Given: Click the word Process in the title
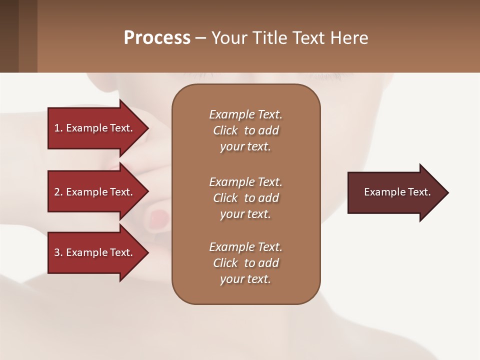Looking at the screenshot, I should pos(157,38).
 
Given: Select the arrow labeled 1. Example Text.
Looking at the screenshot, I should pos(95,128).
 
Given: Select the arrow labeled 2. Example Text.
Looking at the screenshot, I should pos(95,192).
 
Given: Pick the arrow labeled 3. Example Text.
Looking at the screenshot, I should pos(95,252).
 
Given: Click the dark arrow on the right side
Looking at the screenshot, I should pos(395,192).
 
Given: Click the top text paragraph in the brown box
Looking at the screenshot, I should pos(245,130).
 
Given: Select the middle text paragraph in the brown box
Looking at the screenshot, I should pos(245,198).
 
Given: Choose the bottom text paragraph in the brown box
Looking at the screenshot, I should pos(245,263).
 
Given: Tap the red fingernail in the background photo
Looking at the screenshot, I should pos(159,217).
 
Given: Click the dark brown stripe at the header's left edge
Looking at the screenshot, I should pos(9,36).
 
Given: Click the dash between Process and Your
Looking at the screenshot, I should pos(200,38).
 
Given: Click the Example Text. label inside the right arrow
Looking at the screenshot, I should pos(397,192).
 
